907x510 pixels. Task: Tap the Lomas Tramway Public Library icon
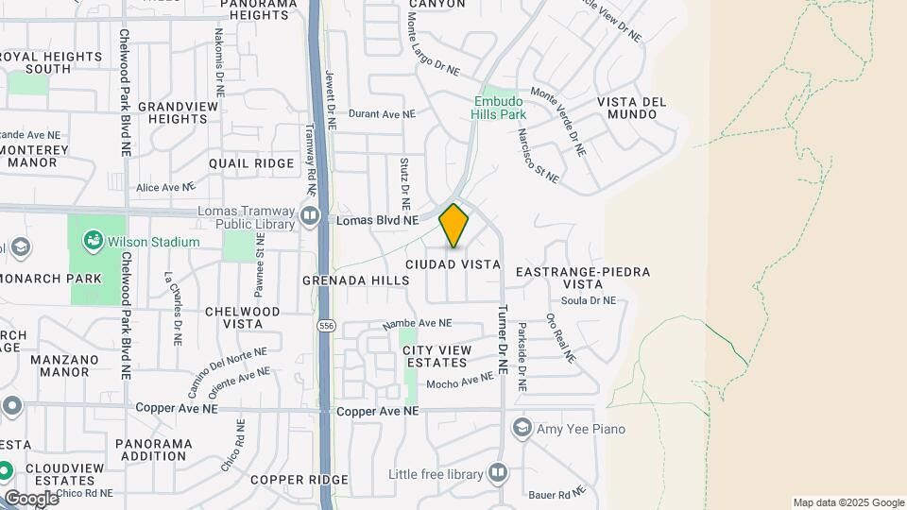[309, 218]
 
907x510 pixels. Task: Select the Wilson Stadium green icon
[93, 242]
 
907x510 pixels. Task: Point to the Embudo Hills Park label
[498, 108]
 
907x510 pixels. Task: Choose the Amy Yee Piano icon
[522, 429]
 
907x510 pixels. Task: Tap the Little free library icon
[498, 473]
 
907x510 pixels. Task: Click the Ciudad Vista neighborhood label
[453, 265]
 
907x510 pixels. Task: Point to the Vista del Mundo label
[632, 108]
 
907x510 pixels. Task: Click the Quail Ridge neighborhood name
[251, 163]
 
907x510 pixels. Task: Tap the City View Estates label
[436, 356]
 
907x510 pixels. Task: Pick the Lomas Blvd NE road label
[377, 220]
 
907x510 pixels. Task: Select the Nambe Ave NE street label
[417, 323]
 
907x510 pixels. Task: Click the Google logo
[31, 498]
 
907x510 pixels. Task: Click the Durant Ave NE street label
[382, 113]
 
